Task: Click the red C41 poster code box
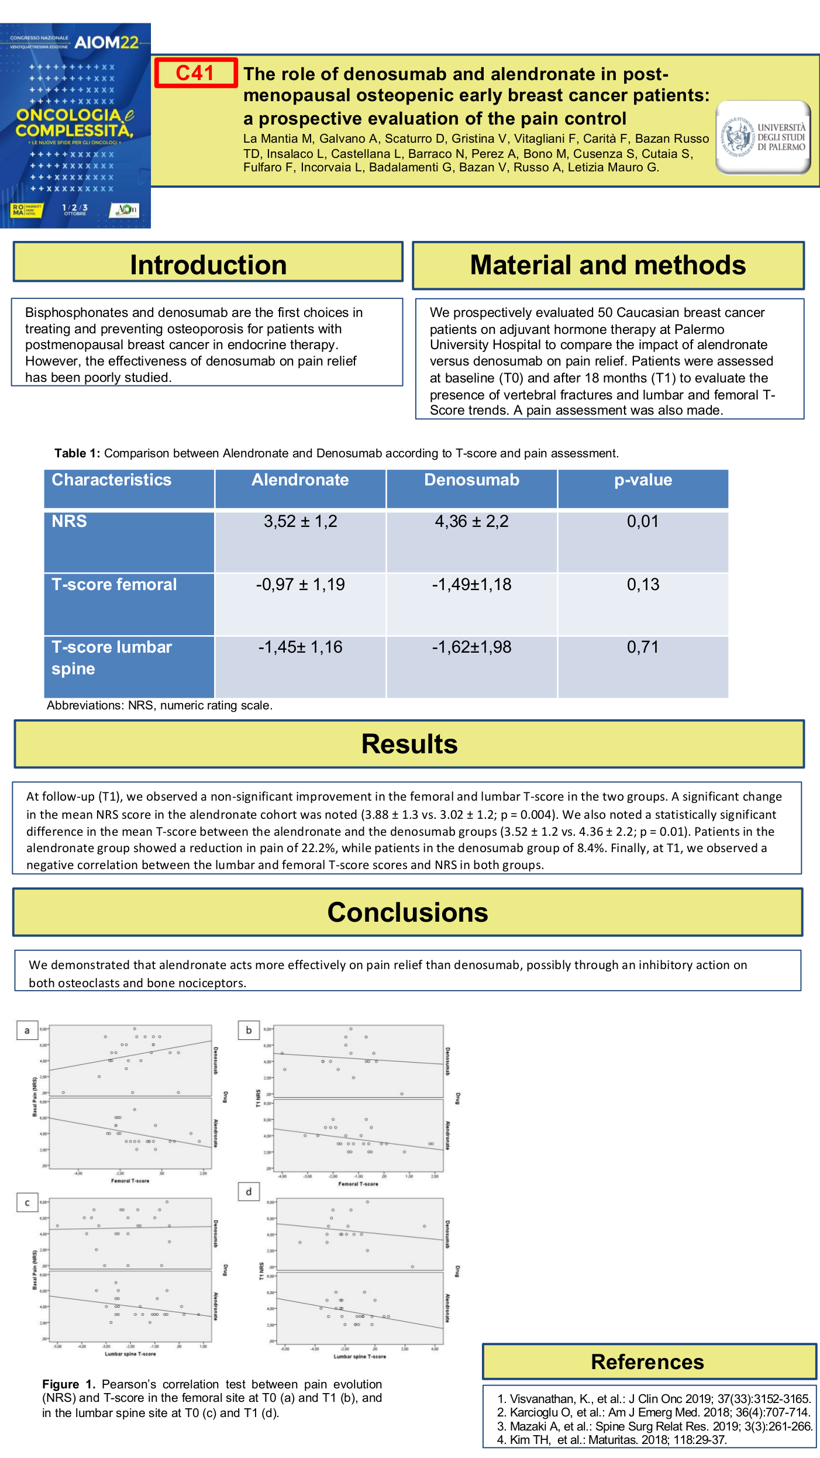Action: [195, 73]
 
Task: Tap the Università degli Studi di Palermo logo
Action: [763, 137]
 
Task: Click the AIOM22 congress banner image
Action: [75, 126]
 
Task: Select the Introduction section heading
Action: [208, 265]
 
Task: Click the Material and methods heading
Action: [608, 265]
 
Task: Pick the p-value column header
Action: [643, 480]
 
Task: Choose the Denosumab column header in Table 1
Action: [471, 480]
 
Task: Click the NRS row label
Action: [70, 521]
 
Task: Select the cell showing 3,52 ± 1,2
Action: [300, 521]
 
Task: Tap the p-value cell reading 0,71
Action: [643, 647]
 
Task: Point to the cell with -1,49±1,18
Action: [471, 584]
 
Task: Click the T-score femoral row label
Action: [114, 584]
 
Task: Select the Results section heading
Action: [409, 744]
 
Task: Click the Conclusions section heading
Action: [408, 912]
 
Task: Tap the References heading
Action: [647, 1362]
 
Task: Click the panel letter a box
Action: [27, 1030]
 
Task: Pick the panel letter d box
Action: [249, 1191]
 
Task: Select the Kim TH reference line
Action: [612, 1439]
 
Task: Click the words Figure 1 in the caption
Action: [68, 1384]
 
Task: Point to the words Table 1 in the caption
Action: [77, 453]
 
